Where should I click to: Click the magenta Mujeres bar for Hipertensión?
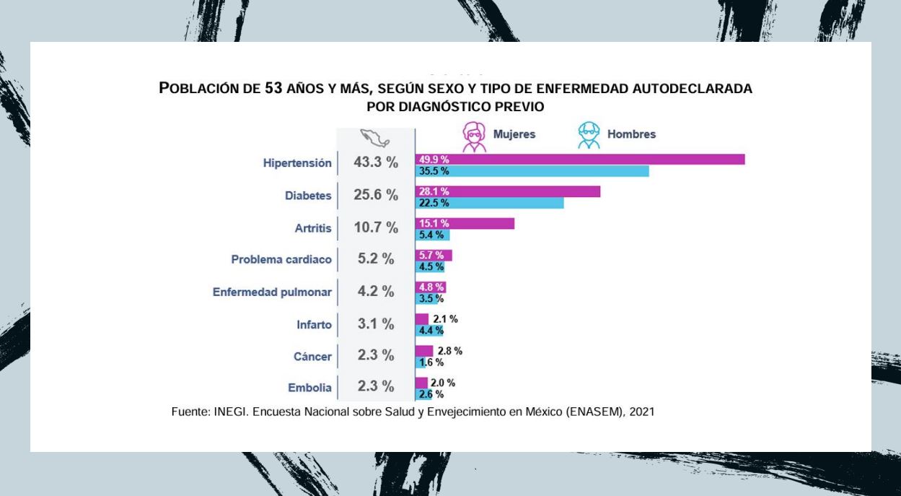pos(580,160)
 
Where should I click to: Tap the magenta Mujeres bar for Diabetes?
pos(508,191)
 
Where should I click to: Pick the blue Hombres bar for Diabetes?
pos(490,203)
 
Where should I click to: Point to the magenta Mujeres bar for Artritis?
pos(465,223)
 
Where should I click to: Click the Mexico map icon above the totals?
pos(375,136)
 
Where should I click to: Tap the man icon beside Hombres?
pos(589,136)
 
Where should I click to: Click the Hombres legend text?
pos(631,135)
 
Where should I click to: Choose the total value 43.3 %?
pos(376,163)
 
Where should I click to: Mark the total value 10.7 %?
pos(376,228)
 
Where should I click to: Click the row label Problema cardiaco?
pos(281,260)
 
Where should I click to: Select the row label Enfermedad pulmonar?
pos(272,292)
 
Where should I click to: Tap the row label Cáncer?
pos(314,357)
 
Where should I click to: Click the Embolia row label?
pos(310,388)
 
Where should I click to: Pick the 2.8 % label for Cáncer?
pos(450,351)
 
